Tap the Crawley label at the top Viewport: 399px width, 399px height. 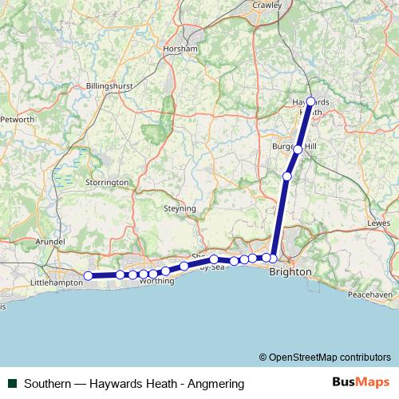267,5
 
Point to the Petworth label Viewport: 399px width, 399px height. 18,120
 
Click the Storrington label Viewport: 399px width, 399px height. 107,182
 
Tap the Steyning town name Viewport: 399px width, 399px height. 180,208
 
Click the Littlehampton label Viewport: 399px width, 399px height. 56,283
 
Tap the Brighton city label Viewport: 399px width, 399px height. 290,272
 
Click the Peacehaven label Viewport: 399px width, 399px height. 368,295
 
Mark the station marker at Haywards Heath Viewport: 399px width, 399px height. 310,101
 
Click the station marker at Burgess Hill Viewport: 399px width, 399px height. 298,149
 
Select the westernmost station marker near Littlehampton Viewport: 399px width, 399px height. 89,276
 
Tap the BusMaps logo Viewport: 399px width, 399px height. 361,383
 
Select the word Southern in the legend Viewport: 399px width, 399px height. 49,383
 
